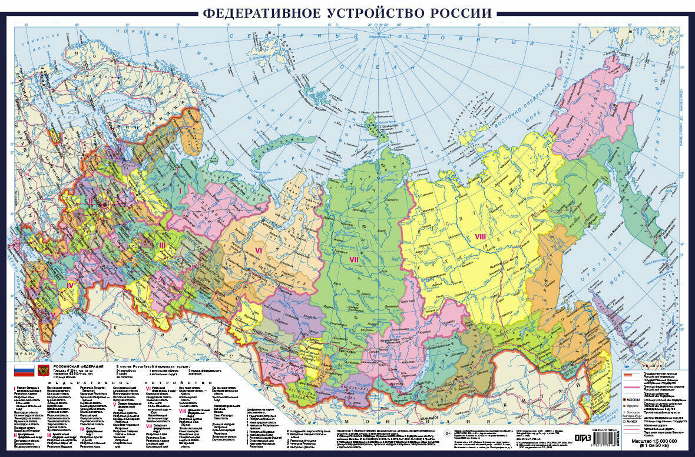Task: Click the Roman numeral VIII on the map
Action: click(x=480, y=236)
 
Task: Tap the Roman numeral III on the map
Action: click(x=161, y=244)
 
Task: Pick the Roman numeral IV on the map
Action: click(x=69, y=286)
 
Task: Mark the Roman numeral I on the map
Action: click(x=180, y=190)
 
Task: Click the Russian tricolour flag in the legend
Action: click(x=22, y=371)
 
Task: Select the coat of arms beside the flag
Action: click(x=43, y=371)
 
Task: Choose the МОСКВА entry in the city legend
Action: click(x=639, y=399)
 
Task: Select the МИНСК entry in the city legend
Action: click(x=638, y=421)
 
